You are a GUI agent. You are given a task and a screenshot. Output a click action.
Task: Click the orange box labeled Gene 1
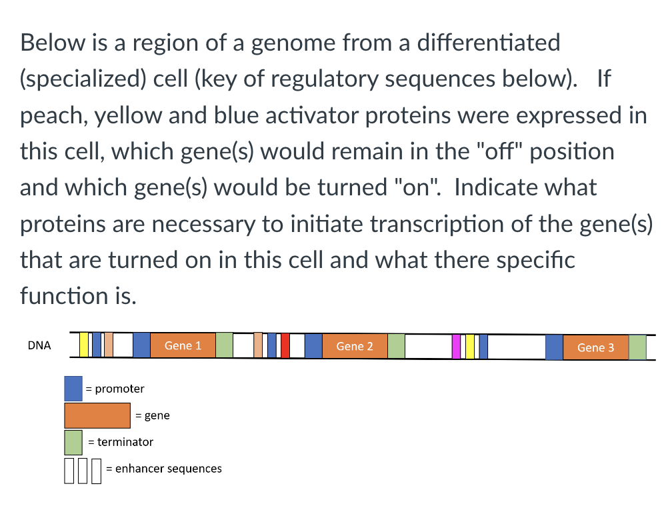[x=183, y=345]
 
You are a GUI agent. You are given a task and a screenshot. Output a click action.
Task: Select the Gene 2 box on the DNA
[x=355, y=346]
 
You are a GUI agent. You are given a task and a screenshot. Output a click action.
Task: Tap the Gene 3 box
[x=595, y=347]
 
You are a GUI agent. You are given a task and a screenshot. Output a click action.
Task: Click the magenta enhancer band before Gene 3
[x=456, y=347]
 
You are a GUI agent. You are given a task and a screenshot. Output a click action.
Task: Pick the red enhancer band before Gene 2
[x=285, y=345]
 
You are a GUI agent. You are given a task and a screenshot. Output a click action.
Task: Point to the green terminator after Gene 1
[x=224, y=345]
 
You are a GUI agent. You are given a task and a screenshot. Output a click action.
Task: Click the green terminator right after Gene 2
[x=396, y=346]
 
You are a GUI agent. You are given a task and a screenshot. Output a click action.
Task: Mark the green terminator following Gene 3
[x=637, y=347]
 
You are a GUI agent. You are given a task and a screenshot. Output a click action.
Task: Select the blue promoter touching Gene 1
[x=141, y=345]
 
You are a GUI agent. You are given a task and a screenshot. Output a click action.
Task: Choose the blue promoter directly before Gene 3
[x=554, y=347]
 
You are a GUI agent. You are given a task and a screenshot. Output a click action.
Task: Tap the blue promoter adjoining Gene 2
[x=313, y=346]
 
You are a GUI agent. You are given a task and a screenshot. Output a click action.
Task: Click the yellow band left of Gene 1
[x=84, y=345]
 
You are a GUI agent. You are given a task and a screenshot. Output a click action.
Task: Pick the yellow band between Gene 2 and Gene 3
[x=469, y=347]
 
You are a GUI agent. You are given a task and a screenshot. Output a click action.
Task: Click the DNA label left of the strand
[x=39, y=345]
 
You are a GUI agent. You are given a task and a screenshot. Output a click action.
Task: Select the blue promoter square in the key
[x=73, y=389]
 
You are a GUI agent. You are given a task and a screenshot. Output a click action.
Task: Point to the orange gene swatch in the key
[x=97, y=415]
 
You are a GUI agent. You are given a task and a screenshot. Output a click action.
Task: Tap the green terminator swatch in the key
[x=73, y=443]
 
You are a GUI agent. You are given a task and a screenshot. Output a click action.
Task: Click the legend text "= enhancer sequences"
[x=164, y=469]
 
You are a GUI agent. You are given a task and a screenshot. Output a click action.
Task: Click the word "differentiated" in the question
[x=488, y=43]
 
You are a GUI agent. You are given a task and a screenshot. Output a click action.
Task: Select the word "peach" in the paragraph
[x=54, y=116]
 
